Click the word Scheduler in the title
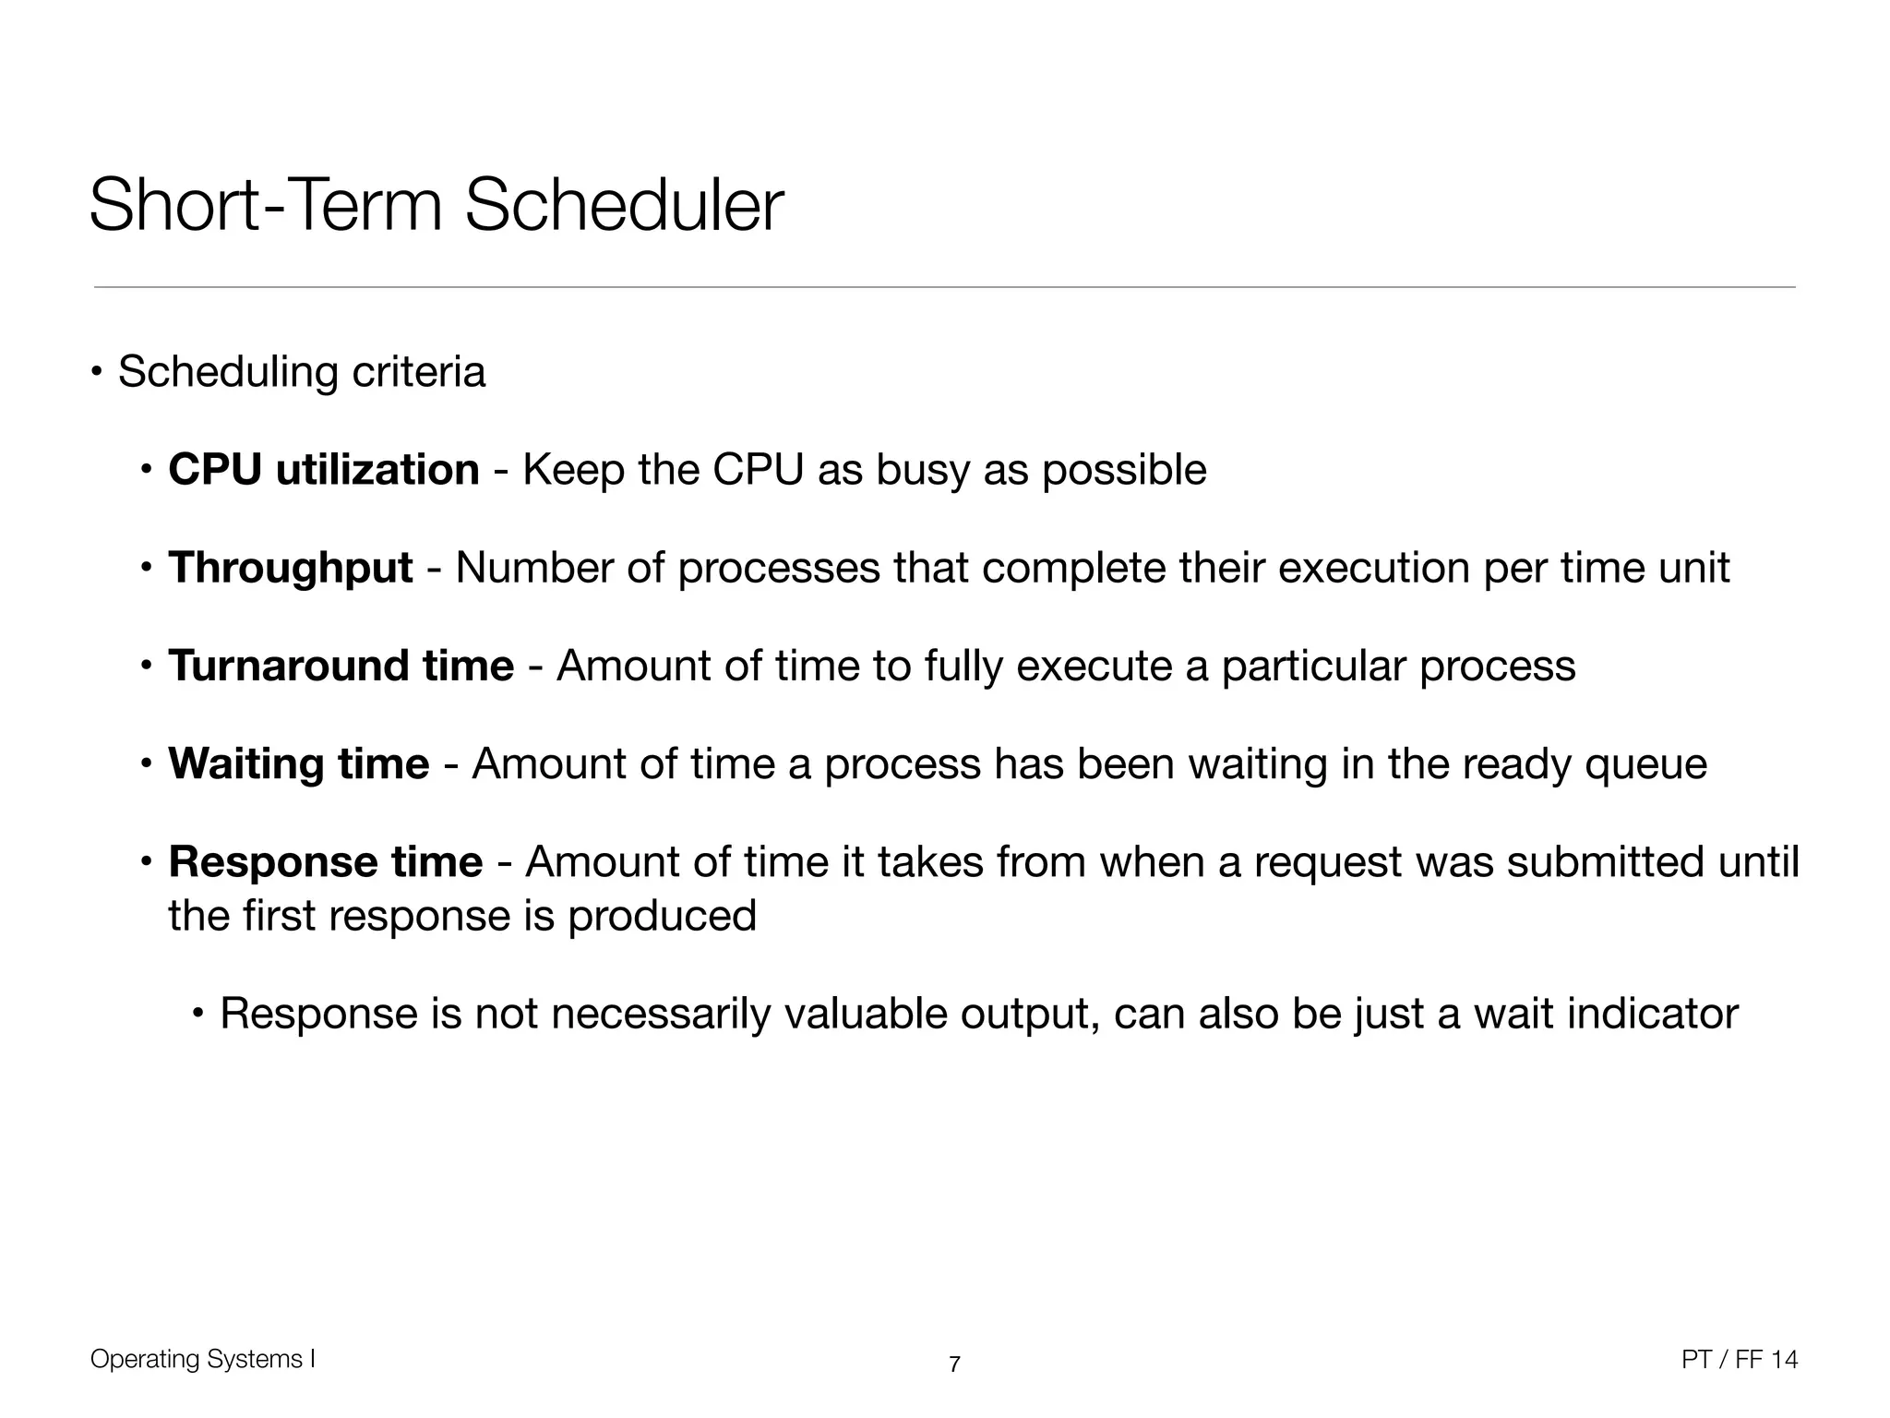pyautogui.click(x=624, y=205)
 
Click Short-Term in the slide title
pyautogui.click(x=266, y=205)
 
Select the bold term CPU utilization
pyautogui.click(x=323, y=470)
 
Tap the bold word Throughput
pyautogui.click(x=290, y=568)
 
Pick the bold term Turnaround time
pyautogui.click(x=341, y=666)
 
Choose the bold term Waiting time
pyautogui.click(x=298, y=764)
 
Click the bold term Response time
pyautogui.click(x=325, y=862)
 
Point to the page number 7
pyautogui.click(x=954, y=1364)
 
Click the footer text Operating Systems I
pyautogui.click(x=203, y=1359)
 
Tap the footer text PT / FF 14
pyautogui.click(x=1739, y=1359)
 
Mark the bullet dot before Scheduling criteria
pyautogui.click(x=97, y=373)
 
